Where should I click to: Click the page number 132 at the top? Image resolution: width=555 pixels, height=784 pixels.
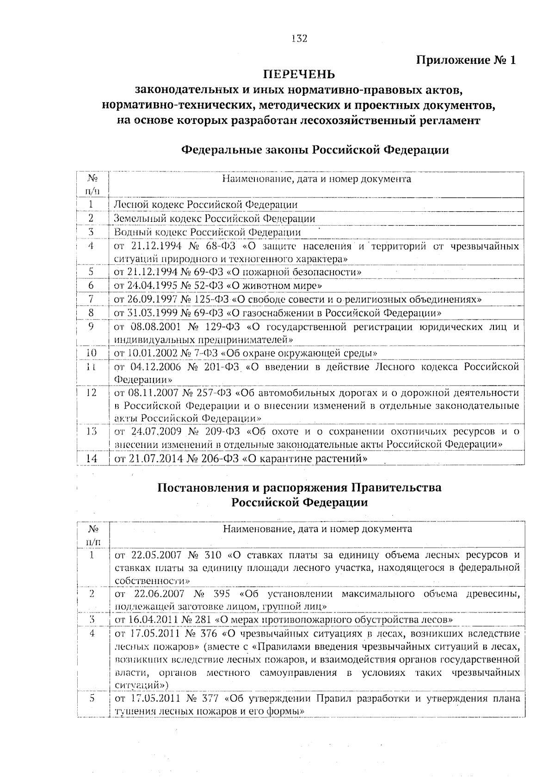point(299,39)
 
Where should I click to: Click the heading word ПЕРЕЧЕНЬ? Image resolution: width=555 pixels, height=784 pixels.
point(299,74)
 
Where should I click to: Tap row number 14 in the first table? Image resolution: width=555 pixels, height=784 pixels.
point(92,459)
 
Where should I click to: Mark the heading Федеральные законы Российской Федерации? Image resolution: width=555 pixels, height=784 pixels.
point(314,150)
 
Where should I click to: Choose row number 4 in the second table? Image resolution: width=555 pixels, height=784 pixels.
point(92,634)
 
